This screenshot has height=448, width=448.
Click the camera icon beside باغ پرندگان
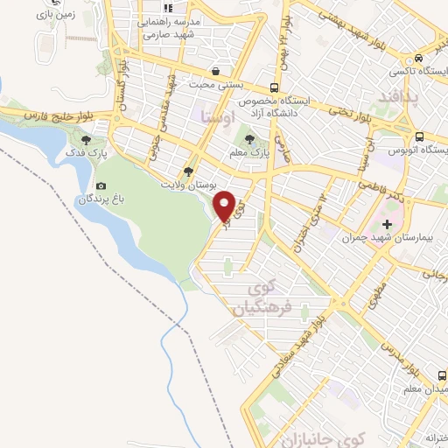(x=101, y=185)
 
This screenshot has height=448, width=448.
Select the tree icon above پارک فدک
(x=86, y=138)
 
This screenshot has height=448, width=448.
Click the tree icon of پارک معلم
(x=251, y=138)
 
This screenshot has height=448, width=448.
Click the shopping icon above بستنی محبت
(x=214, y=70)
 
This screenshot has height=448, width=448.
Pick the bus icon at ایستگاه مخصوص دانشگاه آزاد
(x=275, y=87)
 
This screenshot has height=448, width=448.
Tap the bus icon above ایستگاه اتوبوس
(x=420, y=136)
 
